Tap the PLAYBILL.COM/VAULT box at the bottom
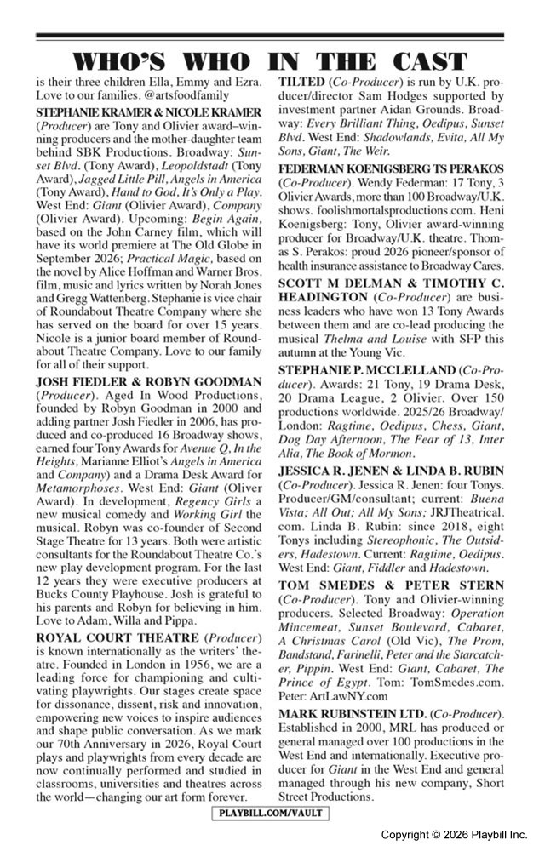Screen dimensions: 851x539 [x=269, y=814]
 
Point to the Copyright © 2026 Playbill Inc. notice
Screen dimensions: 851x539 [x=453, y=835]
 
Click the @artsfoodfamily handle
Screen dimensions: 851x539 [x=178, y=97]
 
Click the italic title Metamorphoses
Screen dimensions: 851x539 [x=75, y=510]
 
